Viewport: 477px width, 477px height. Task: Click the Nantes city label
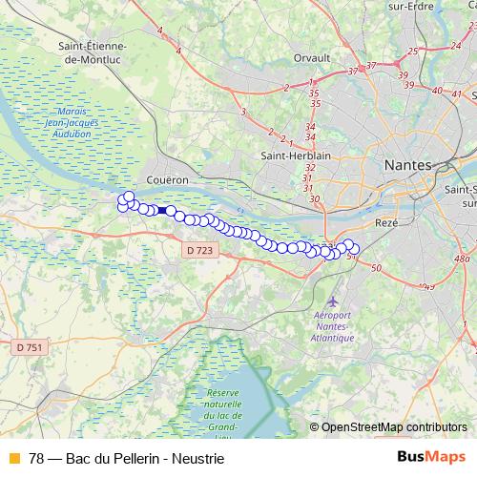click(x=407, y=165)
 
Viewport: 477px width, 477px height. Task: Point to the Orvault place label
click(x=312, y=58)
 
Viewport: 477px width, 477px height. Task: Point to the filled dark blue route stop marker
click(x=163, y=211)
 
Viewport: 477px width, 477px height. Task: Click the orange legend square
click(x=13, y=458)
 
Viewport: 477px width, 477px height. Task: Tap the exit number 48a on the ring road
click(x=462, y=259)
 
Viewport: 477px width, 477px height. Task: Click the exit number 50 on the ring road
click(x=376, y=267)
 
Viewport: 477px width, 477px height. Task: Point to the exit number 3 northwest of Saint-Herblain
click(x=243, y=112)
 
